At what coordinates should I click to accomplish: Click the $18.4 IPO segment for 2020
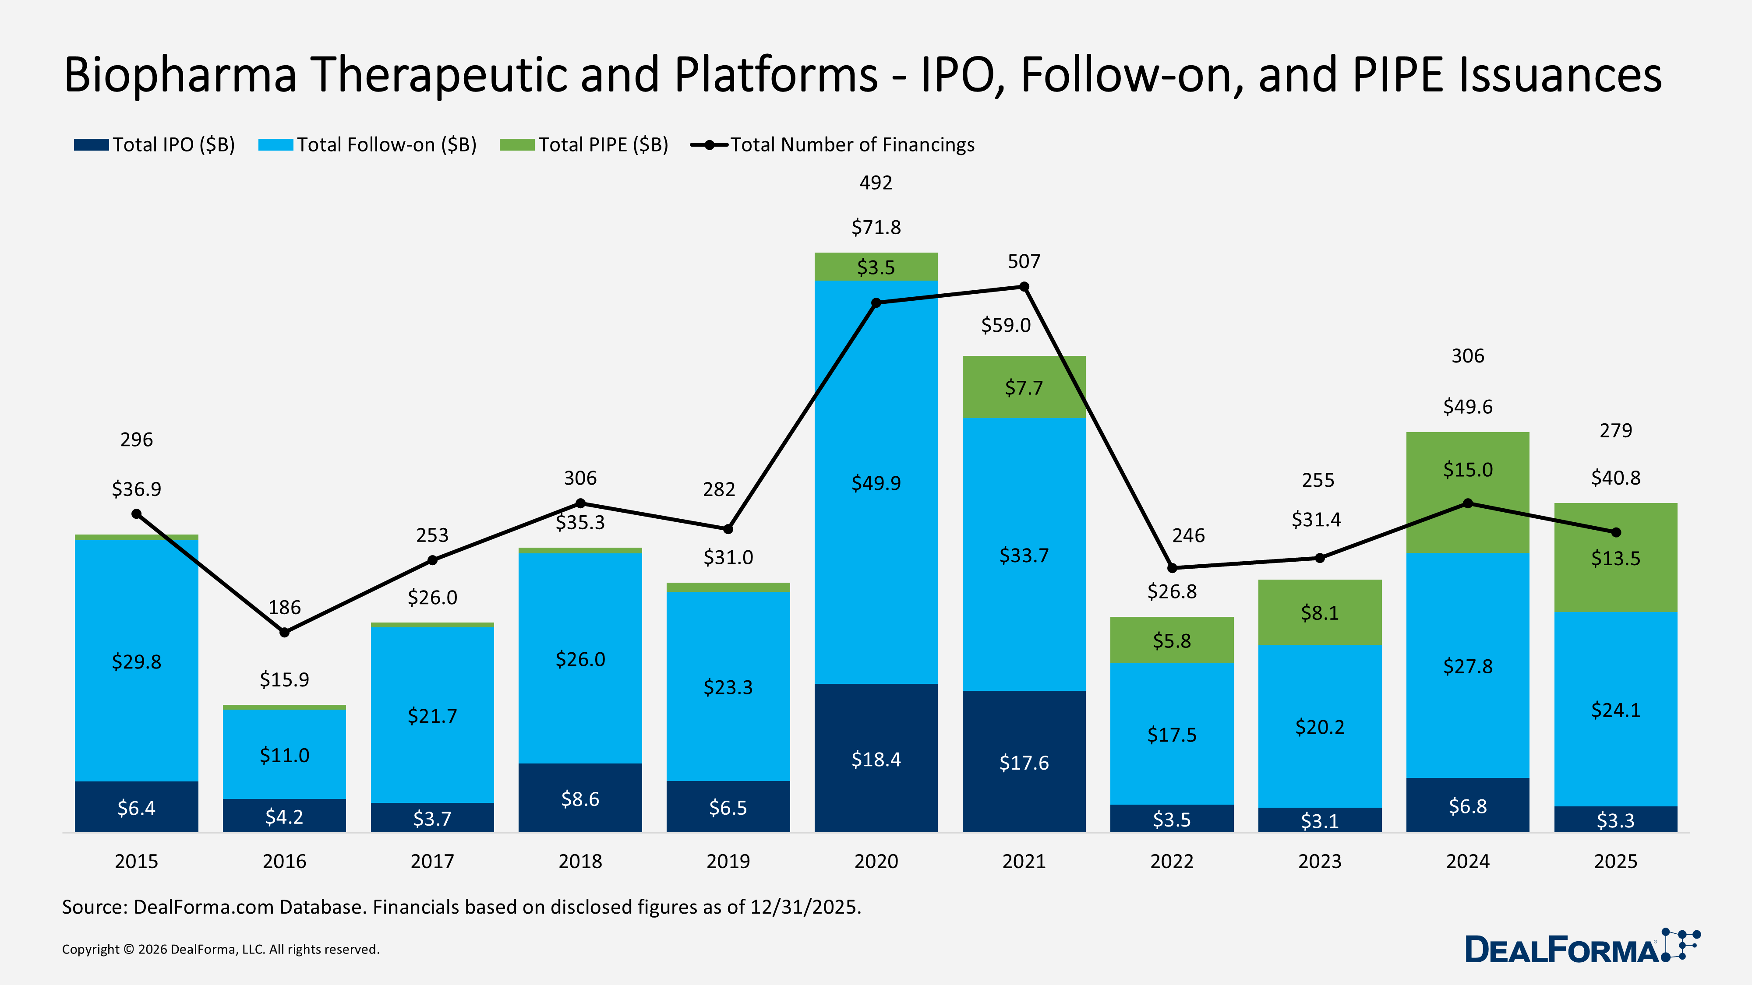(x=876, y=758)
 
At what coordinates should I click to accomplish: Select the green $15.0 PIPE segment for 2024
(x=1468, y=492)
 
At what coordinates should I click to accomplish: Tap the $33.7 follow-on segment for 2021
(x=1024, y=554)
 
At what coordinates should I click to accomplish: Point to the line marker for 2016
(x=284, y=632)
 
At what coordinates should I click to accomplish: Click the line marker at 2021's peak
(x=1024, y=287)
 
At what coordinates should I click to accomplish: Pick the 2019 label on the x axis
(x=728, y=861)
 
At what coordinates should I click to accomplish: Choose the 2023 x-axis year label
(x=1319, y=861)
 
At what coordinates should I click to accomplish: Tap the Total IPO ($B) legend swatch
(x=91, y=145)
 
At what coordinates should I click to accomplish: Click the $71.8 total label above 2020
(x=876, y=227)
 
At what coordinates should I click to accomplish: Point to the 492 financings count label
(x=876, y=182)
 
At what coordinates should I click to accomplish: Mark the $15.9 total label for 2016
(x=284, y=679)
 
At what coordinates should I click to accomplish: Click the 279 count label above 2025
(x=1615, y=430)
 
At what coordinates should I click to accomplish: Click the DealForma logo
(x=1581, y=947)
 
